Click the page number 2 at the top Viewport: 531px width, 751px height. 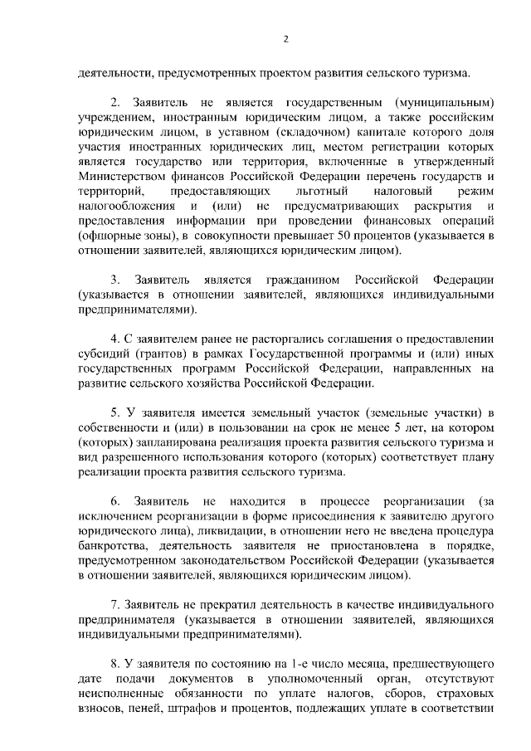coord(285,39)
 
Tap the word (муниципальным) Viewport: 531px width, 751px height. coord(446,102)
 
